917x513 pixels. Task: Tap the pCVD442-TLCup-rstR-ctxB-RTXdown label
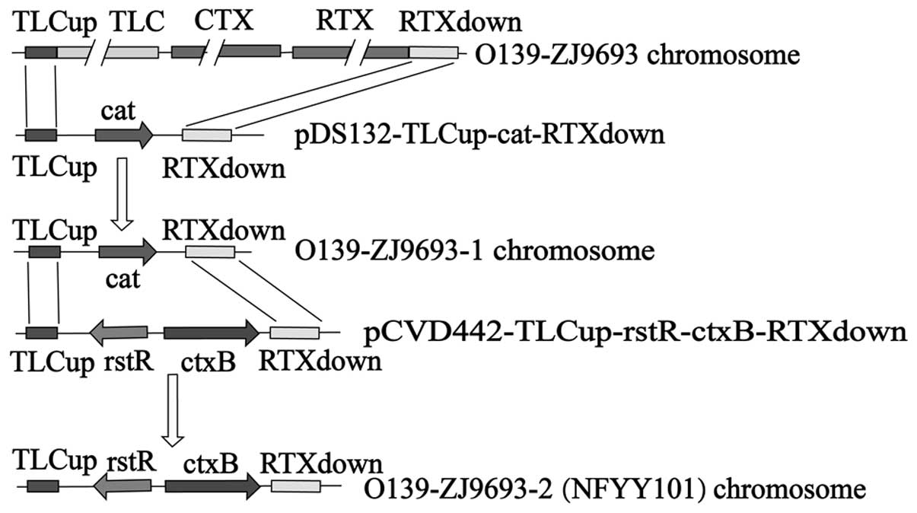pyautogui.click(x=635, y=333)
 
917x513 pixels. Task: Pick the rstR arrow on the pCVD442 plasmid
pyautogui.click(x=119, y=333)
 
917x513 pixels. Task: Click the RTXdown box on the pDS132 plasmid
pyautogui.click(x=206, y=135)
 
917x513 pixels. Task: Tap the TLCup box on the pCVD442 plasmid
pyautogui.click(x=41, y=333)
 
